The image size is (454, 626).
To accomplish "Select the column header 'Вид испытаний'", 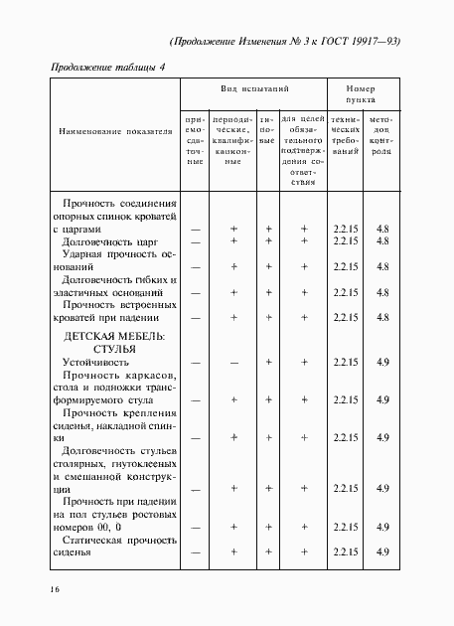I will coord(253,88).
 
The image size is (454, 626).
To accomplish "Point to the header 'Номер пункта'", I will coord(364,94).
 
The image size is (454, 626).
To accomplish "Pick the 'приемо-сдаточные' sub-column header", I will coord(196,138).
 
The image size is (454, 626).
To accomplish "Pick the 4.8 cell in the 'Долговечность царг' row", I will coord(382,241).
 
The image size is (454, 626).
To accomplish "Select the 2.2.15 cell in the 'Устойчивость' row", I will coord(346,364).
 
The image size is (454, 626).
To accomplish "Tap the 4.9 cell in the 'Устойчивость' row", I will coord(382,364).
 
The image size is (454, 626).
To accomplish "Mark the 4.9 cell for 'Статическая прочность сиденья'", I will coord(382,551).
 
